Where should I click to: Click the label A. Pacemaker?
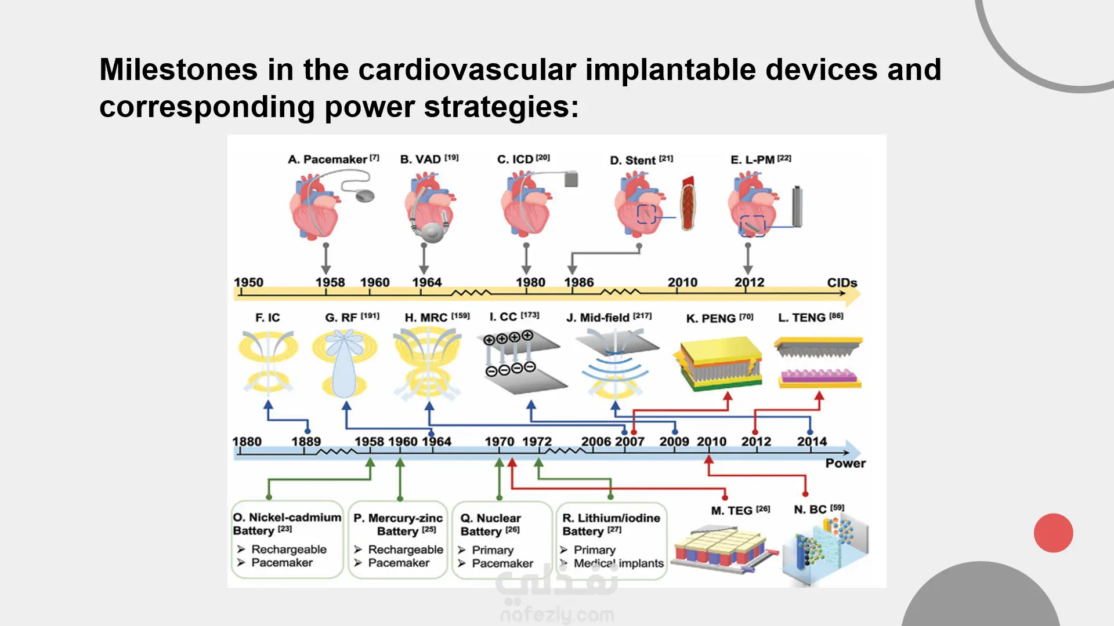[x=328, y=159]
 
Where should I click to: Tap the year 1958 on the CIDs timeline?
[x=330, y=282]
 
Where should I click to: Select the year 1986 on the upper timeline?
[x=579, y=282]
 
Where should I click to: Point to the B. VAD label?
[x=421, y=159]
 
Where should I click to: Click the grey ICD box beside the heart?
[x=572, y=179]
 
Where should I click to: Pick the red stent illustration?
[x=688, y=203]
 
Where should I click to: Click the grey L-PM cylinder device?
[x=797, y=206]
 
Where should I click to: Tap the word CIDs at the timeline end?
[x=842, y=283]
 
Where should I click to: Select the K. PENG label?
[x=711, y=318]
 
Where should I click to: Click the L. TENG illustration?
[x=818, y=362]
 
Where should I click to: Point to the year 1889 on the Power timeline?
[x=306, y=442]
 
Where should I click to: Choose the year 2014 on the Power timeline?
[x=812, y=442]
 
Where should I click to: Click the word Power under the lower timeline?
[x=845, y=463]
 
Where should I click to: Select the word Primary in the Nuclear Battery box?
[x=493, y=549]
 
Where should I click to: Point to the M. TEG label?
[x=732, y=511]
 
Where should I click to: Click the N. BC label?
[x=811, y=509]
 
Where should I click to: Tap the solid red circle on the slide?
[x=1053, y=533]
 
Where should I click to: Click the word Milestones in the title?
[x=178, y=70]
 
